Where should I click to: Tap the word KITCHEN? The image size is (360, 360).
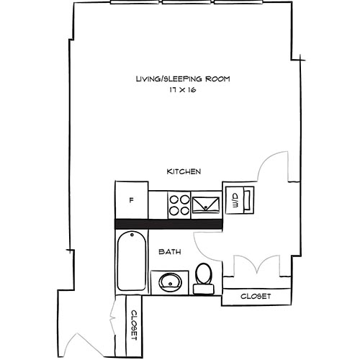184,171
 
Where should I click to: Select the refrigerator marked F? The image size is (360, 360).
132,199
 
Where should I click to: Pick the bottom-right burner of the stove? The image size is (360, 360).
184,210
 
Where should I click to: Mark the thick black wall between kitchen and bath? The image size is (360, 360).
169,224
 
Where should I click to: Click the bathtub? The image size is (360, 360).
131,263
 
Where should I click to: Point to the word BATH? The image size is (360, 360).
169,252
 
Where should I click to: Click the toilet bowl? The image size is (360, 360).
204,274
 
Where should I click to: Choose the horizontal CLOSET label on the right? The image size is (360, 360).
256,296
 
